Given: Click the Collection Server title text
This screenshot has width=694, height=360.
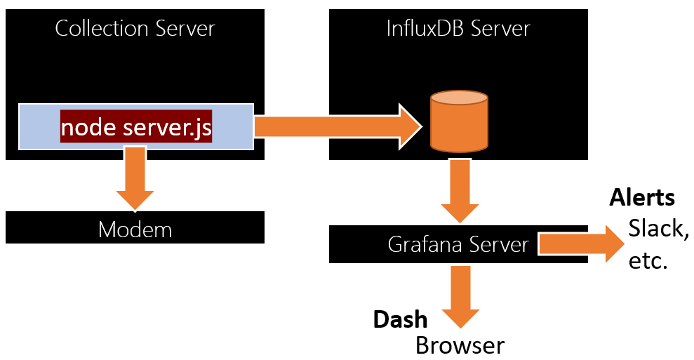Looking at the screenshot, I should (135, 29).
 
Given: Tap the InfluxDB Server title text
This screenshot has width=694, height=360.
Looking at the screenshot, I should (458, 29).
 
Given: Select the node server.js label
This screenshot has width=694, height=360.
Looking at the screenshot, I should (136, 128).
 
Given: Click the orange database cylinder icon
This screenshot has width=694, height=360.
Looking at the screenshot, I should (459, 121).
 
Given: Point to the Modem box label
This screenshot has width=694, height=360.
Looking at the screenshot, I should (135, 229).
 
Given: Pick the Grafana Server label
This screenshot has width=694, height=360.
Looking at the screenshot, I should (458, 245).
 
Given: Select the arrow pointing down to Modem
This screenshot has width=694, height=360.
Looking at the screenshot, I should (135, 178).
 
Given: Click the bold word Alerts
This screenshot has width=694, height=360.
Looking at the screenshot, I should (642, 197).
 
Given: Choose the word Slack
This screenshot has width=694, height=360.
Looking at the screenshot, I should (658, 229).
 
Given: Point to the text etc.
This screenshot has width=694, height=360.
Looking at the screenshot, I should (648, 261).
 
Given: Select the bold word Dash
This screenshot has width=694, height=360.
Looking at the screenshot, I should (400, 319).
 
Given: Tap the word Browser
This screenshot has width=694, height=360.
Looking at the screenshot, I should (460, 345).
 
